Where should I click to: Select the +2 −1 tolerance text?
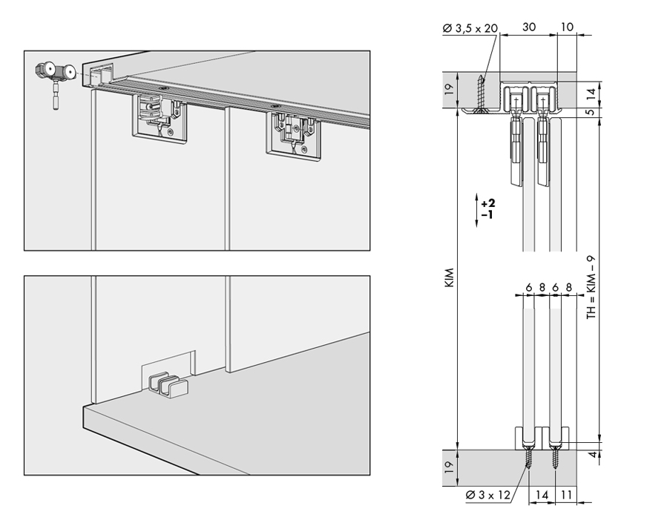click(x=487, y=208)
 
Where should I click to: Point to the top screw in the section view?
click(x=482, y=93)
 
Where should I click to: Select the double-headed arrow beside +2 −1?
click(x=475, y=208)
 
